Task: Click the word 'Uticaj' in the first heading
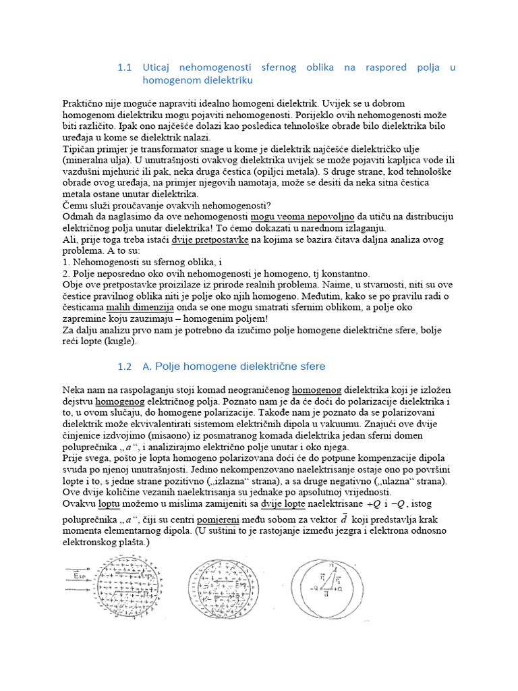(x=159, y=67)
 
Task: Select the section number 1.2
(x=124, y=366)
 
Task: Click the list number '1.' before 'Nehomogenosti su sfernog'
(x=65, y=262)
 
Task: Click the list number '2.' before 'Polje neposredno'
(x=65, y=274)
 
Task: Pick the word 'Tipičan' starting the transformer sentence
(x=78, y=148)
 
